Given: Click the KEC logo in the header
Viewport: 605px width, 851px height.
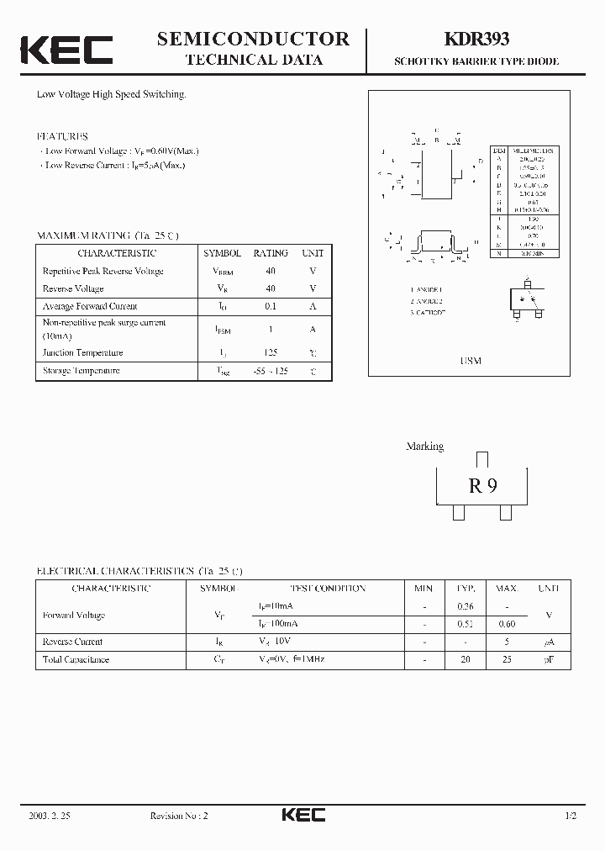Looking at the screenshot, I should pos(66,50).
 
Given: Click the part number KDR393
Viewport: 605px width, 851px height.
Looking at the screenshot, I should pos(476,39).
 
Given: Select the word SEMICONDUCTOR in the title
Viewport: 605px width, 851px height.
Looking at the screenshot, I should pos(253,39).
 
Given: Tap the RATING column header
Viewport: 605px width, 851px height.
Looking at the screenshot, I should pos(271,253).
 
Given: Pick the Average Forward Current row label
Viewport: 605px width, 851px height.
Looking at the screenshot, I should pos(90,306).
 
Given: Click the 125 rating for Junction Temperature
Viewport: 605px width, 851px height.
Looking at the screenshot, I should pos(271,353).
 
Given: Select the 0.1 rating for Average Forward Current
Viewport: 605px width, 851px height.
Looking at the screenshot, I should pos(271,306).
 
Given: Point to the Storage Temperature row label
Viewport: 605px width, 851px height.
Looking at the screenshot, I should pos(82,371).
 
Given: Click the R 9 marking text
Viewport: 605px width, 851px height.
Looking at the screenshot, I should pos(482,485).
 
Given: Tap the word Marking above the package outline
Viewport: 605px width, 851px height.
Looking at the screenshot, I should pos(424,447).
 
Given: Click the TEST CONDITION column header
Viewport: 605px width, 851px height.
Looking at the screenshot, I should pos(328,589).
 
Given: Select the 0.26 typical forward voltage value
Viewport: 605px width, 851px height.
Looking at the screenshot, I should pos(465,606).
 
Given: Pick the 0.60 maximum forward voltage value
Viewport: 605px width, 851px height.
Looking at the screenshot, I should pos(507,624).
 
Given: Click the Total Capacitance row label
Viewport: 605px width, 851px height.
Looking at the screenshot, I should pos(76,659).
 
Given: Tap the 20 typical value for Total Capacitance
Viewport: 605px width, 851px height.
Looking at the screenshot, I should pos(465,659).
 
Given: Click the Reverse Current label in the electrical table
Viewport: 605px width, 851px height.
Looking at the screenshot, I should pos(72,642).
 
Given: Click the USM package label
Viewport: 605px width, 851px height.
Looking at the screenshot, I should pos(471,361).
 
